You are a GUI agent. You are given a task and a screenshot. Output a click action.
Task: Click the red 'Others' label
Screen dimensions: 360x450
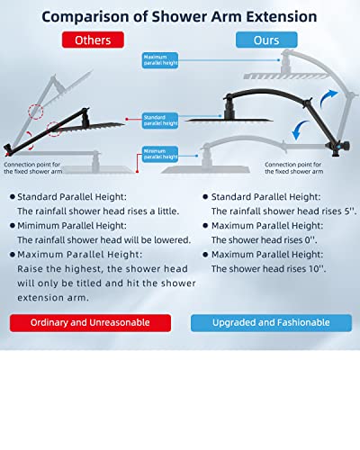tap(92, 40)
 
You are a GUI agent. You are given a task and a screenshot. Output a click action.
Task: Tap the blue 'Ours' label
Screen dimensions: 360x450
tap(266, 40)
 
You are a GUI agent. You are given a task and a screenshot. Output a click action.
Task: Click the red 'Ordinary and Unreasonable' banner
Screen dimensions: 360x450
tap(90, 322)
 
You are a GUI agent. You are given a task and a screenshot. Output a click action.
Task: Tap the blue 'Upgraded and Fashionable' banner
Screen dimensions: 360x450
tap(271, 322)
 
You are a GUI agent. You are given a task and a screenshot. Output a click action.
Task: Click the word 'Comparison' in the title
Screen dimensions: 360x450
tap(88, 16)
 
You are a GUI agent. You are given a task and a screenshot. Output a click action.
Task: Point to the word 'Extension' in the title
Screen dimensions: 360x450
tap(283, 16)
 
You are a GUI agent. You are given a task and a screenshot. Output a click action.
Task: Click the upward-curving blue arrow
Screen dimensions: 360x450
tap(326, 96)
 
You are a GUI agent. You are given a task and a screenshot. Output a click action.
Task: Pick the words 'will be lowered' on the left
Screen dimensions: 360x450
tap(150, 239)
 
